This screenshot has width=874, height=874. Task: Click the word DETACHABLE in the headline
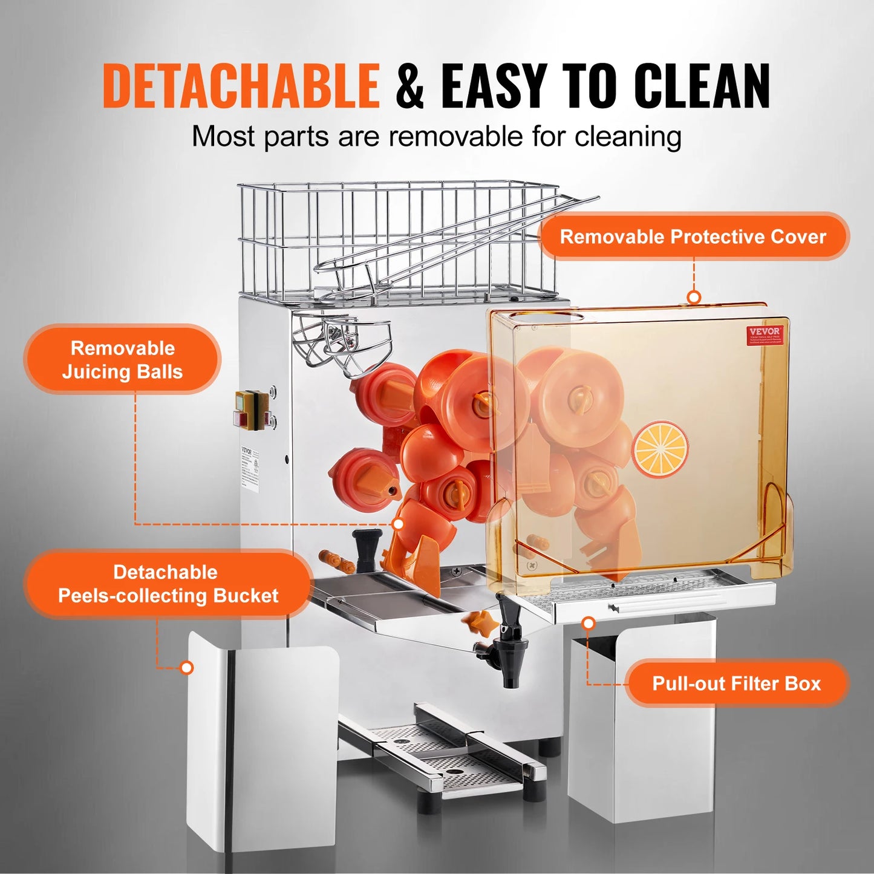[x=241, y=86]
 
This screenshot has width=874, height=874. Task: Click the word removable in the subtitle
[x=455, y=136]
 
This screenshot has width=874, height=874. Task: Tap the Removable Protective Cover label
[x=693, y=236]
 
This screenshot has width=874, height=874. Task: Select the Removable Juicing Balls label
[x=122, y=360]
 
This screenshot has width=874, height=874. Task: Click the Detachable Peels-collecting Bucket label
[x=168, y=584]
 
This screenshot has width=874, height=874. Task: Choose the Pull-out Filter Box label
[x=736, y=683]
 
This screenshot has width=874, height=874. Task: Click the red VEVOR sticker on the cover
[x=765, y=334]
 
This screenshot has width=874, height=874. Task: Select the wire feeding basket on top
[x=399, y=242]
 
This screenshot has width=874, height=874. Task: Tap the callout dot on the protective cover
[x=694, y=297]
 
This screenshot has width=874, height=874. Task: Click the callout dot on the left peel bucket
[x=188, y=668]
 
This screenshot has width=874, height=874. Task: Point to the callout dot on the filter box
[x=588, y=623]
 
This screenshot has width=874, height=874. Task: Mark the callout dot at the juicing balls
[x=399, y=524]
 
